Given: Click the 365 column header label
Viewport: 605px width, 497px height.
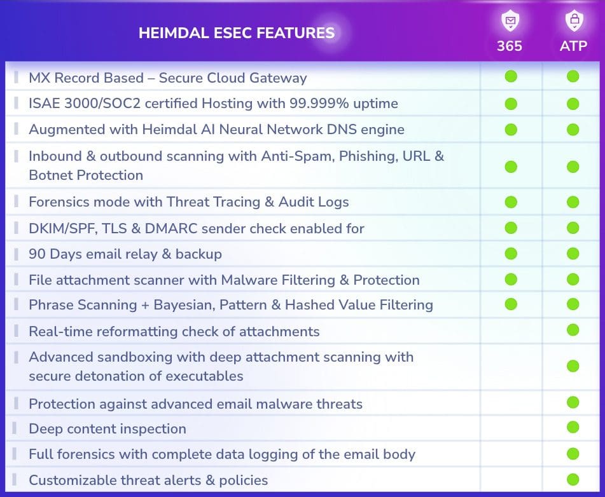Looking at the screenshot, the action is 510,46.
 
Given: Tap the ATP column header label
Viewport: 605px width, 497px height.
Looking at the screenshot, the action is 573,46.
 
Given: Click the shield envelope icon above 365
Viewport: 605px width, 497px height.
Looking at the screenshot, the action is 510,21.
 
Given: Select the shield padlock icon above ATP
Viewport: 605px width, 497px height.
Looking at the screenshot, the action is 574,21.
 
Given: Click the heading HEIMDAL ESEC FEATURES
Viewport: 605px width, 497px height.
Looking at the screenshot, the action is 237,33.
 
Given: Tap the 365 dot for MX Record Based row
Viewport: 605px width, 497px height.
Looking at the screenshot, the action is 511,76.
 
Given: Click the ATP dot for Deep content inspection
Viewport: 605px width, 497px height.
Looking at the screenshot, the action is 573,427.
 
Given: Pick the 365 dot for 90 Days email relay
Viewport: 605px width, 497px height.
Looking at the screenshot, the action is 511,254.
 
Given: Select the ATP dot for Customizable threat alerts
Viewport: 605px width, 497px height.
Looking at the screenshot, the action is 573,480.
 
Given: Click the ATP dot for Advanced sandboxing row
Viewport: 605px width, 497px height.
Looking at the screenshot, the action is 573,366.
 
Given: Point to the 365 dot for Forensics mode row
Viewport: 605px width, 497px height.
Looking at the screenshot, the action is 511,202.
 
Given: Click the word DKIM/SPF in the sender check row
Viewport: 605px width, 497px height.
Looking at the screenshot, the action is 62,229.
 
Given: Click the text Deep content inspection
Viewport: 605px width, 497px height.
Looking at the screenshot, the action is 108,429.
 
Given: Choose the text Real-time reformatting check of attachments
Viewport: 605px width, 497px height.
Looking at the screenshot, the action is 174,332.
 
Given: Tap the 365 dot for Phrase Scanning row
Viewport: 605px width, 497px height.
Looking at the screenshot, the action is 511,304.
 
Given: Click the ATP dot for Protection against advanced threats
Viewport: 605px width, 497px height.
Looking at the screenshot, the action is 573,402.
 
